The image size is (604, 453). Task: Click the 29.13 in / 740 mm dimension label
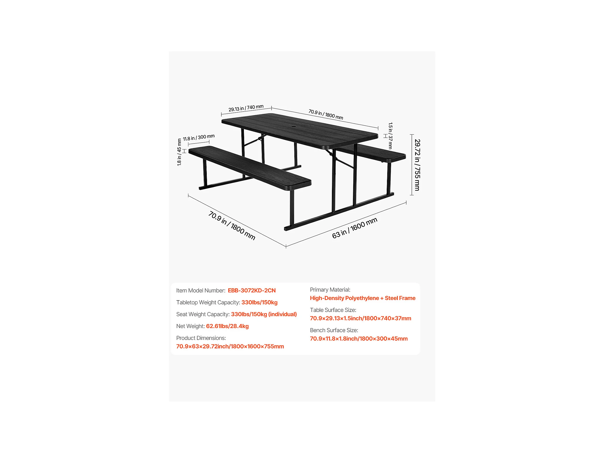coord(246,108)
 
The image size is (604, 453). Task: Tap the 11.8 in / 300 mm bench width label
coord(199,137)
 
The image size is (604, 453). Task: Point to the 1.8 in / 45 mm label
coord(179,152)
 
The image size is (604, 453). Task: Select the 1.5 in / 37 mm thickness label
coord(390,136)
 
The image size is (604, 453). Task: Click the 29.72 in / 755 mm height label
coord(417,165)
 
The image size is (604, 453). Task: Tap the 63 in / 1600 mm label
coord(354,228)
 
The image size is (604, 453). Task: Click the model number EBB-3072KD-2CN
coord(252,290)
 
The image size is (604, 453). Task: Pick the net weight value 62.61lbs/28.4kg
coord(227,326)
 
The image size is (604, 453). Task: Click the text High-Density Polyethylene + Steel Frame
coord(362,298)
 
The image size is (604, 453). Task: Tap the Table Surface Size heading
coord(333,310)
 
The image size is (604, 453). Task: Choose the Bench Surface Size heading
coord(334,330)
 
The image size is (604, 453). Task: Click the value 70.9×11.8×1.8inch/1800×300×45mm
coord(359,339)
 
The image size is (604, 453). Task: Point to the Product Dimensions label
coord(201,338)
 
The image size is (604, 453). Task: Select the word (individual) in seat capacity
coord(282,314)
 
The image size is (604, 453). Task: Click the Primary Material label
coord(330,289)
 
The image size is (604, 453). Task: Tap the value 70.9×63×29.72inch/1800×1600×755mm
coord(230,346)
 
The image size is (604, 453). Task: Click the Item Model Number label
coord(200,290)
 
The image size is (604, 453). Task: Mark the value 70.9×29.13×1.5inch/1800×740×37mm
coord(360,318)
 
